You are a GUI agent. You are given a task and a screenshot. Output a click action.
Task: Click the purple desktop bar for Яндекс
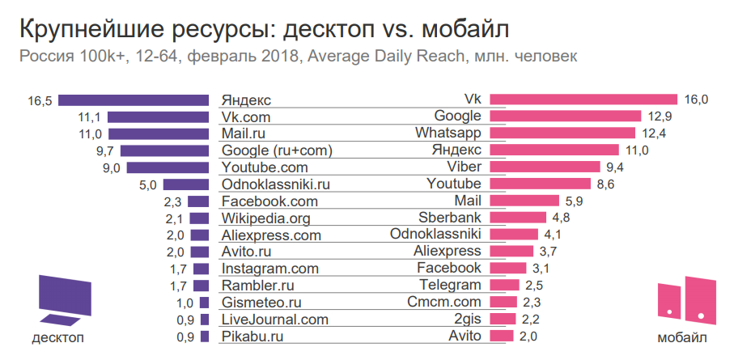click(135, 100)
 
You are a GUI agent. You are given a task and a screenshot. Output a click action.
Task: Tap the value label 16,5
click(40, 100)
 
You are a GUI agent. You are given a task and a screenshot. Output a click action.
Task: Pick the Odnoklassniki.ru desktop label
click(275, 184)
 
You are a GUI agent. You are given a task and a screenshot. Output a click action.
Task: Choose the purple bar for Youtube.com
click(169, 167)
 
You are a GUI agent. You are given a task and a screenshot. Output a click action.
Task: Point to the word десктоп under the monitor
click(57, 337)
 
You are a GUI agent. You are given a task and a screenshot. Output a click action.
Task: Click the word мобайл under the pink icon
click(686, 337)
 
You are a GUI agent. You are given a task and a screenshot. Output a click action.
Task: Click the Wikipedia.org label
click(265, 218)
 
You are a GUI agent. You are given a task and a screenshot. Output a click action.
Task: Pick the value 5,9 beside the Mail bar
click(574, 201)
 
